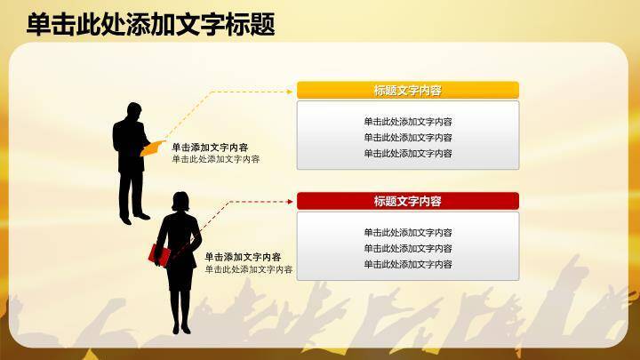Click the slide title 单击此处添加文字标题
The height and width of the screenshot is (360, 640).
(x=150, y=24)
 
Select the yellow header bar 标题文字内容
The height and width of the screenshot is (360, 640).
(x=408, y=90)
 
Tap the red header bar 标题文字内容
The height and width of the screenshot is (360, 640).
(x=408, y=201)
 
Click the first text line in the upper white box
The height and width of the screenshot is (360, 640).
(x=408, y=122)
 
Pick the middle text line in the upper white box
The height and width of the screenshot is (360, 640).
(x=408, y=138)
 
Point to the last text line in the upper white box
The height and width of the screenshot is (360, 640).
(x=408, y=153)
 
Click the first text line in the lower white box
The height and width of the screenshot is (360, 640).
(x=408, y=233)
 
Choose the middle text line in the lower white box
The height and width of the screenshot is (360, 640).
(x=408, y=249)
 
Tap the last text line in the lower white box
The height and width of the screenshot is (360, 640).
(x=408, y=264)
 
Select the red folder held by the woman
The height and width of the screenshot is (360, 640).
(x=161, y=254)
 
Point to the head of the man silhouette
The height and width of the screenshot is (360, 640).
(x=133, y=111)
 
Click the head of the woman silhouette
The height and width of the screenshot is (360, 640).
(x=180, y=201)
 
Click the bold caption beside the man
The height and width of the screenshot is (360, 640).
(x=210, y=148)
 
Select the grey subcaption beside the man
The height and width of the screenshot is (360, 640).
(x=216, y=159)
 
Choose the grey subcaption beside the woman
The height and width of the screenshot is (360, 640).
(x=249, y=269)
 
